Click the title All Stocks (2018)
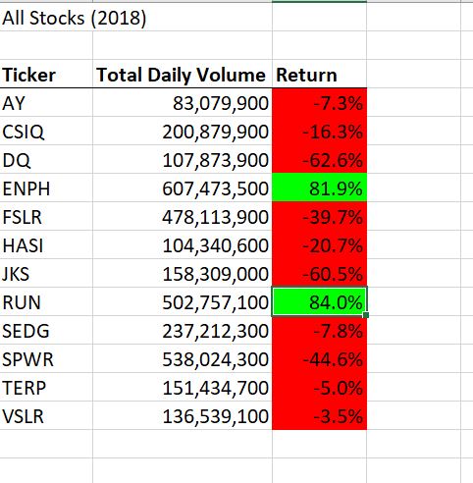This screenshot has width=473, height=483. pyautogui.click(x=76, y=19)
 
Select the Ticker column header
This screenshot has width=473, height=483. pyautogui.click(x=30, y=75)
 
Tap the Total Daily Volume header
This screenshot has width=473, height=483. pyautogui.click(x=182, y=75)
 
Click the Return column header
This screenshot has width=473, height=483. pyautogui.click(x=307, y=75)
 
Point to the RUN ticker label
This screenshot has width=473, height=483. pyautogui.click(x=23, y=301)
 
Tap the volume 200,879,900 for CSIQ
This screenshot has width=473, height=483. pyautogui.click(x=214, y=131)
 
